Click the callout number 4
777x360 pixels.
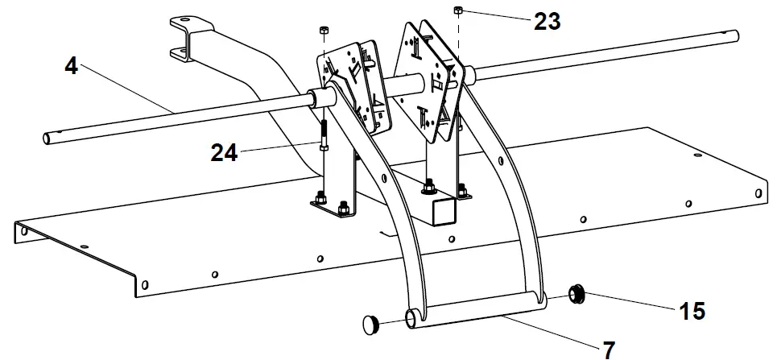tap(72, 66)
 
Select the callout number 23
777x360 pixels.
tap(547, 22)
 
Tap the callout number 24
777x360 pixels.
tap(225, 151)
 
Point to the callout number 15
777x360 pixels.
tap(691, 309)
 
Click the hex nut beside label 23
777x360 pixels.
tap(457, 10)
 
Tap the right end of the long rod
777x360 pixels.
tap(734, 36)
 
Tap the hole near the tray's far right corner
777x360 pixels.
tap(758, 192)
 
